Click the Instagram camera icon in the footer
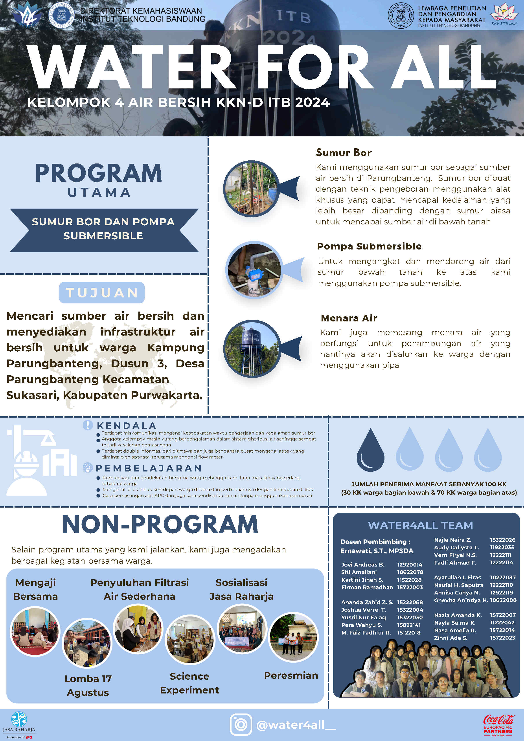pyautogui.click(x=241, y=724)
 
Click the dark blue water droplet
pyautogui.click(x=370, y=450)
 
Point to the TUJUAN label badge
pyautogui.click(x=102, y=293)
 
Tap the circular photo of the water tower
pyautogui.click(x=252, y=348)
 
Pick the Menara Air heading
pyautogui.click(x=349, y=318)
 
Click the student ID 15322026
pyautogui.click(x=502, y=540)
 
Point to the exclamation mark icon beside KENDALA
pyautogui.click(x=88, y=425)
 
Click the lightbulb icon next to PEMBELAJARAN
pyautogui.click(x=88, y=468)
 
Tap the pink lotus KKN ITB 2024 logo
pyautogui.click(x=504, y=14)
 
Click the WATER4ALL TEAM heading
pyautogui.click(x=420, y=525)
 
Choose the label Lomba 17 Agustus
pyautogui.click(x=88, y=686)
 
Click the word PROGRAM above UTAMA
pyautogui.click(x=98, y=173)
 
